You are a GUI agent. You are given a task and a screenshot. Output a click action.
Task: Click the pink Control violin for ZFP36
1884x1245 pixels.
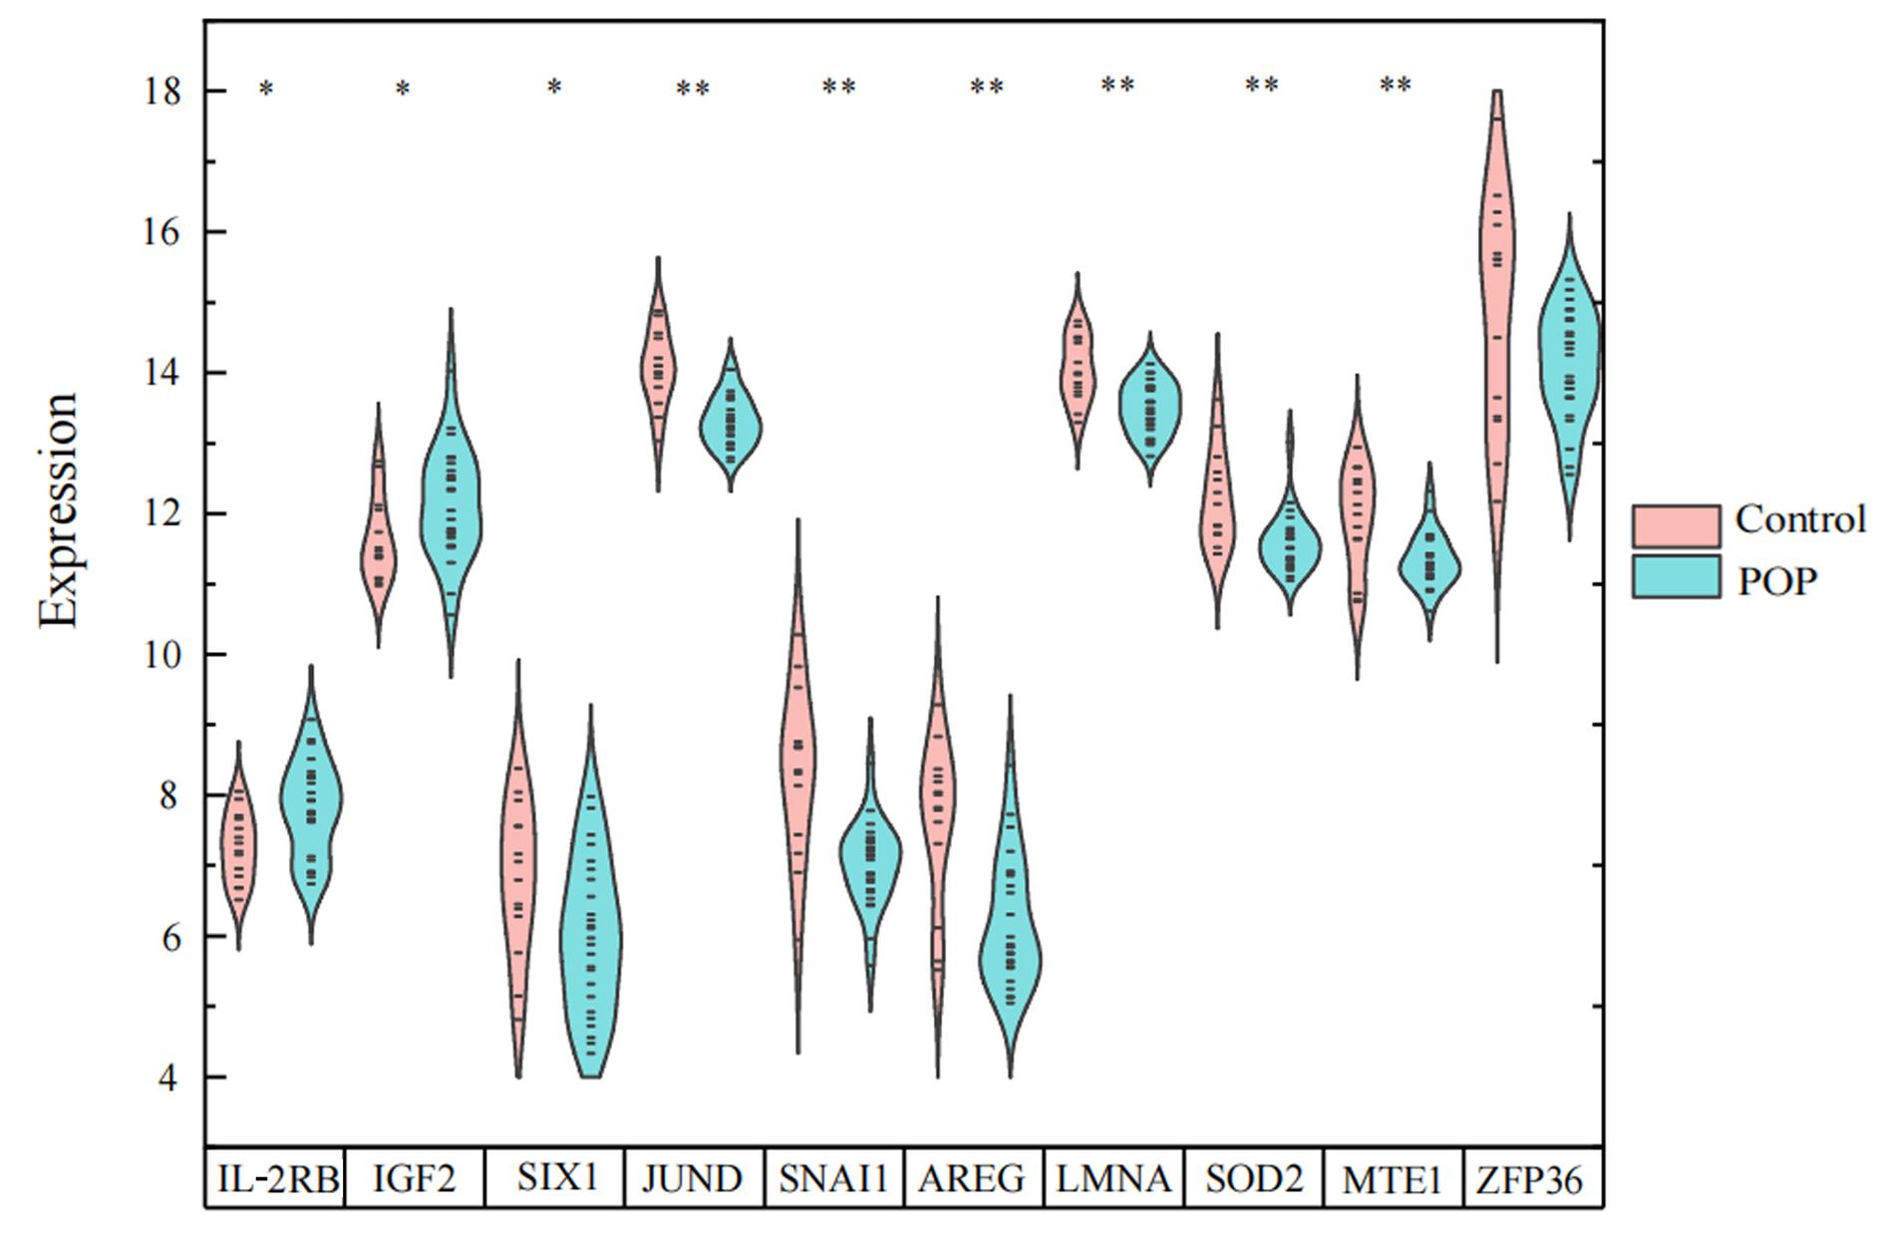point(1496,299)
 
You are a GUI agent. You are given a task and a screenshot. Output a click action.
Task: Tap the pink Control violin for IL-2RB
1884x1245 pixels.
point(239,847)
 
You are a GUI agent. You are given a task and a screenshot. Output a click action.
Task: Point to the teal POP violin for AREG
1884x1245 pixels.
point(1011,957)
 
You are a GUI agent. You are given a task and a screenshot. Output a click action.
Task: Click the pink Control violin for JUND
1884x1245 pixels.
point(658,369)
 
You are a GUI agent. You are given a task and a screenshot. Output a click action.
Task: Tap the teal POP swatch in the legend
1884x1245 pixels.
point(1676,577)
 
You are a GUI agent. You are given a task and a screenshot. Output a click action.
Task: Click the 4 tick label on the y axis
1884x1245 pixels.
point(171,1079)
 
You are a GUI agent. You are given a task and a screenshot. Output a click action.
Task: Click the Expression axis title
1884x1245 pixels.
point(58,510)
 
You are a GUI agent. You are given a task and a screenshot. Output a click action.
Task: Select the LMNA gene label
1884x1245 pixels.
point(1113,1179)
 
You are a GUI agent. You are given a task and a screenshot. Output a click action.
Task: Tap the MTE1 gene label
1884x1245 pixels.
point(1393,1180)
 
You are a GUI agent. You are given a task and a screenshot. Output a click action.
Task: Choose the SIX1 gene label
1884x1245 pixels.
point(556,1178)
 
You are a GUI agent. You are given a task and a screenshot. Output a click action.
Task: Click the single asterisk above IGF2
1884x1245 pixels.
point(403,91)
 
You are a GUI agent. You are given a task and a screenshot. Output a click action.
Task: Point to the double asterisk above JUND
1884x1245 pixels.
point(693,91)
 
